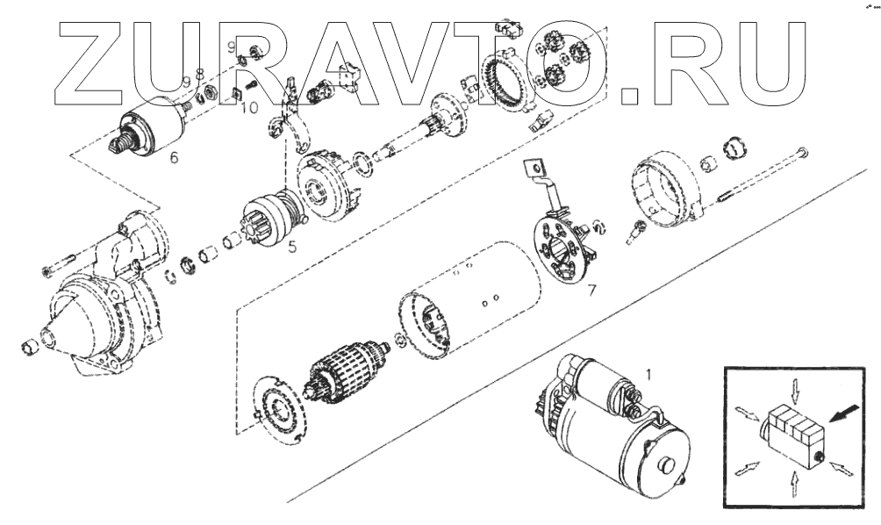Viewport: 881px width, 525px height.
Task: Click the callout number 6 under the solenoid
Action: tap(174, 157)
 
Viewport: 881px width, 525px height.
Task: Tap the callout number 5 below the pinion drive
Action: tap(292, 246)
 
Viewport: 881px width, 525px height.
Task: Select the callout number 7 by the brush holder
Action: tap(591, 291)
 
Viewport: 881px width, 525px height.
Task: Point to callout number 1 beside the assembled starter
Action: tap(649, 374)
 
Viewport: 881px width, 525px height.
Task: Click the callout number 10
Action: tap(250, 107)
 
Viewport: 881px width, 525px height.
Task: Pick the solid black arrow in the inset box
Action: tap(845, 414)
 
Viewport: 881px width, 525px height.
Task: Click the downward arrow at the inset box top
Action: tap(794, 390)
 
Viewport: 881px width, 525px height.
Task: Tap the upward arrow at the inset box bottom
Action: tap(794, 485)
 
